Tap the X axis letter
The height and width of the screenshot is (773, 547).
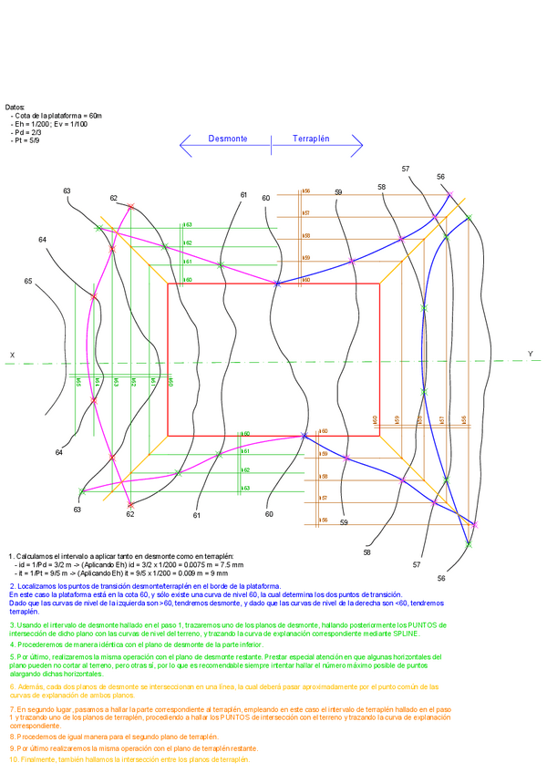[x=12, y=355]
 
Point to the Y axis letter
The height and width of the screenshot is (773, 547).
[x=530, y=354]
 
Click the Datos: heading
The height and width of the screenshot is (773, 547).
[x=15, y=107]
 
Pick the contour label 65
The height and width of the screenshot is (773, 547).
[x=28, y=282]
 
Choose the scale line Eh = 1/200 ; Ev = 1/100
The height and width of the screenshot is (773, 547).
[x=52, y=125]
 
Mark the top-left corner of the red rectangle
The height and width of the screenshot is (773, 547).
[x=168, y=283]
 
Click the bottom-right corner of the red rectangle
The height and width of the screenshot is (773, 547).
[x=379, y=435]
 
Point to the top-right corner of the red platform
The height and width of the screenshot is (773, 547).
[x=379, y=283]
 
